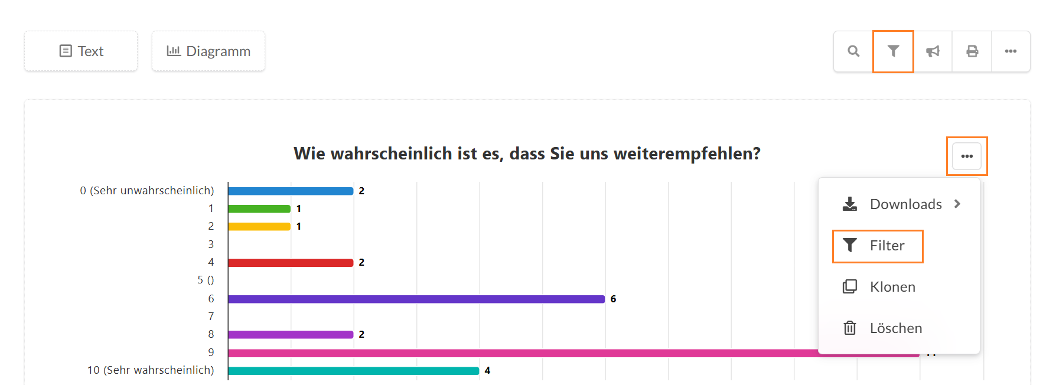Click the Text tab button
click(x=81, y=51)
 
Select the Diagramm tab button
click(x=208, y=51)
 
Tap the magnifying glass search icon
click(x=853, y=51)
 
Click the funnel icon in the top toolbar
click(x=893, y=51)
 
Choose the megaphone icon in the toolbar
click(x=933, y=51)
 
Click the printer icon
click(x=972, y=51)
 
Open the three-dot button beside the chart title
click(x=967, y=156)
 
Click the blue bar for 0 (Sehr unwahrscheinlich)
click(x=291, y=191)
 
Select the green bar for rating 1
click(x=259, y=208)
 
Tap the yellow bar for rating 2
click(x=259, y=226)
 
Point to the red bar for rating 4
click(x=291, y=263)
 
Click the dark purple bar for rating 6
click(x=416, y=299)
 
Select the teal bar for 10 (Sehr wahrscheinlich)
click(x=354, y=371)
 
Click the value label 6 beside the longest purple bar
click(x=613, y=299)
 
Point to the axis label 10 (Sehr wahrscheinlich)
click(x=151, y=370)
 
